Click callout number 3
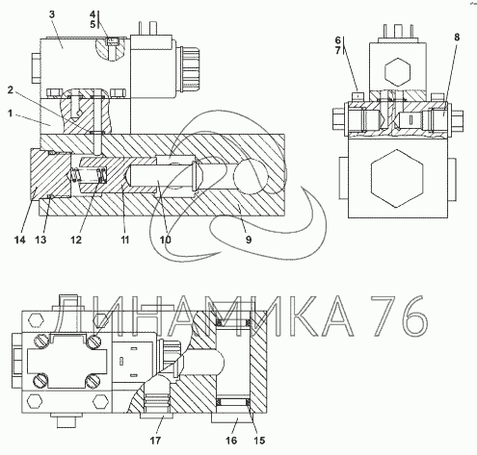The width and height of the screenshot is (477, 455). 52,14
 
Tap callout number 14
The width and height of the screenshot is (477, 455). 20,240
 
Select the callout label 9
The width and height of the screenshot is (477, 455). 249,240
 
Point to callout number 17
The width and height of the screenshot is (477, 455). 155,441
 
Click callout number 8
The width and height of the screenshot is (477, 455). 457,38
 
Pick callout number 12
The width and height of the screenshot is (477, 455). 76,240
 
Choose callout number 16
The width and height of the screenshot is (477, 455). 231,441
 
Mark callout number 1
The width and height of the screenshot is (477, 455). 11,114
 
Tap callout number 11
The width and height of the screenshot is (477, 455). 124,240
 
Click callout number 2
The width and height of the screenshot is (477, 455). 11,90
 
